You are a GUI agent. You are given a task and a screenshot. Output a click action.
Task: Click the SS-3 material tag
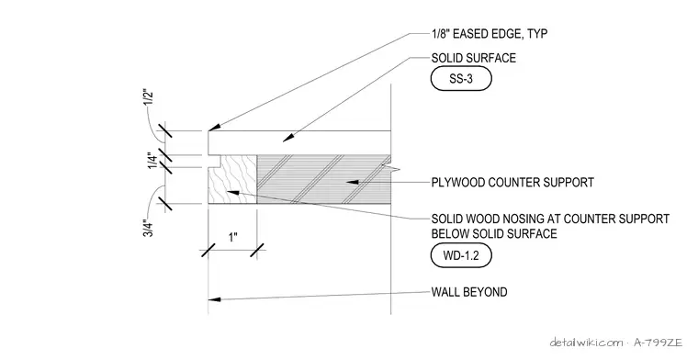(x=461, y=79)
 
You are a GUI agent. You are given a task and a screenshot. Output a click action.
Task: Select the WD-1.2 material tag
(x=461, y=256)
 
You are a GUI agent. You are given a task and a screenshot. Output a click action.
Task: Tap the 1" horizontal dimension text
(x=232, y=237)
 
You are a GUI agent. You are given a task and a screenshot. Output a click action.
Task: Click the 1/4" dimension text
(x=152, y=161)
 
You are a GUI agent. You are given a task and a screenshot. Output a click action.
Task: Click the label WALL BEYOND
(x=469, y=292)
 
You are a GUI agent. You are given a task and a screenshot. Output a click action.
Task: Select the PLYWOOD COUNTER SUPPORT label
(x=512, y=183)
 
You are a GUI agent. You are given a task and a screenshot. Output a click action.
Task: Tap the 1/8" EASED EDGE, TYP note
(x=490, y=34)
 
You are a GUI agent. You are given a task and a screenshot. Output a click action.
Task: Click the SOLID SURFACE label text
(x=474, y=58)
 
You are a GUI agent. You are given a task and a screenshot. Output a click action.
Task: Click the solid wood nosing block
(x=232, y=179)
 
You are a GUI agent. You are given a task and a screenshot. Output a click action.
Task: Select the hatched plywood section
(x=323, y=179)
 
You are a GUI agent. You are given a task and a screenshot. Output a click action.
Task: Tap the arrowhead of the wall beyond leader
(x=215, y=299)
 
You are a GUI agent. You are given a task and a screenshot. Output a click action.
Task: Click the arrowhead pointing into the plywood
(x=353, y=182)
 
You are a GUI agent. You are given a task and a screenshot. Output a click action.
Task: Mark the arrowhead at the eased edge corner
(x=214, y=128)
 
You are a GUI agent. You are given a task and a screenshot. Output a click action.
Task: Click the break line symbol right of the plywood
(x=391, y=166)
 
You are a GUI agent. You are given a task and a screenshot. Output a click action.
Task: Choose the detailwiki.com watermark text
(x=587, y=343)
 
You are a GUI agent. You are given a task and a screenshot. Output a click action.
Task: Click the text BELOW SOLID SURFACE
(x=494, y=233)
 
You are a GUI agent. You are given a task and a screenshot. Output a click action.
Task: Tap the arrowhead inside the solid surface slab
(x=288, y=138)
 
